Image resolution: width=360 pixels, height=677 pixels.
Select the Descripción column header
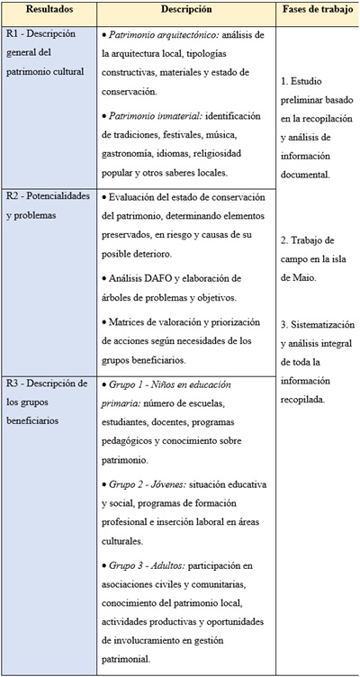(x=186, y=10)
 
